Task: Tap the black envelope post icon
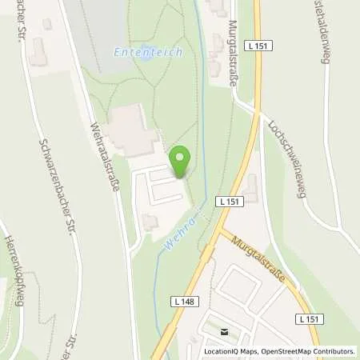tap(225, 332)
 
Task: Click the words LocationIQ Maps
tap(231, 351)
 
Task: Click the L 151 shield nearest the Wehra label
tap(228, 202)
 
